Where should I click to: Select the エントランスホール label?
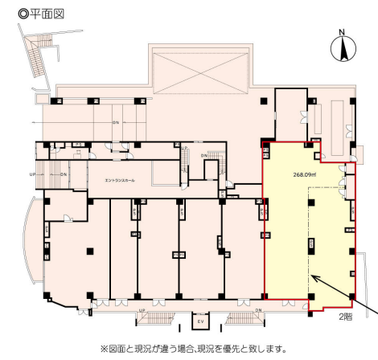coord(120,181)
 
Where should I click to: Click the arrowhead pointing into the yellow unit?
coord(314,277)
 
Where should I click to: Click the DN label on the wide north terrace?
coord(116,123)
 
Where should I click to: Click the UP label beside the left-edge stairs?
coord(31,174)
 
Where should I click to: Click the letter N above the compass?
coord(343,33)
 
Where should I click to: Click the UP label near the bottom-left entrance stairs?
coord(142,309)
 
